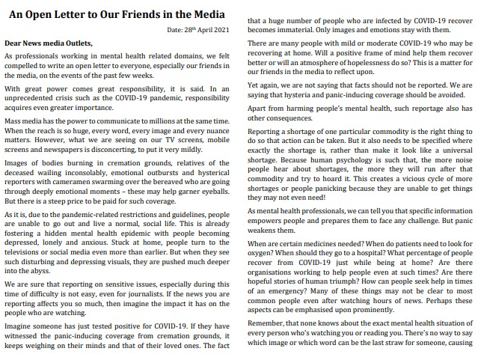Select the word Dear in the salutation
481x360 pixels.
click(15, 43)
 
